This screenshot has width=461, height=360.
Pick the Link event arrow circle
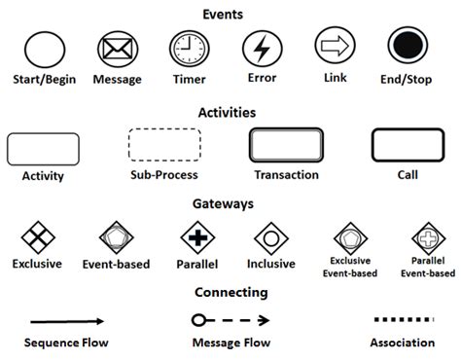pyautogui.click(x=333, y=46)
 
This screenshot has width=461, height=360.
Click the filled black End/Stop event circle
pyautogui.click(x=406, y=46)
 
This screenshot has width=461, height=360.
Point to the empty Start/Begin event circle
pyautogui.click(x=43, y=49)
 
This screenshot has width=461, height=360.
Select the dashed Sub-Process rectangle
pyautogui.click(x=164, y=146)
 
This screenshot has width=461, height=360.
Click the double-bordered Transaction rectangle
pyautogui.click(x=286, y=146)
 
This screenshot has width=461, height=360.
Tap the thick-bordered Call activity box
pyautogui.click(x=408, y=146)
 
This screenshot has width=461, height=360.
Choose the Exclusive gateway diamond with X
pyautogui.click(x=37, y=237)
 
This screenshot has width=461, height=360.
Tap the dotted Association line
pyautogui.click(x=401, y=318)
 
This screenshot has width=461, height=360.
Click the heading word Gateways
pyautogui.click(x=230, y=204)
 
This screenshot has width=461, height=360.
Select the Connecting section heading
pyautogui.click(x=230, y=291)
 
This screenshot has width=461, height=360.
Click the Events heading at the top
pyautogui.click(x=230, y=15)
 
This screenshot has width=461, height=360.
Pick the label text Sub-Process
pyautogui.click(x=163, y=176)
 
